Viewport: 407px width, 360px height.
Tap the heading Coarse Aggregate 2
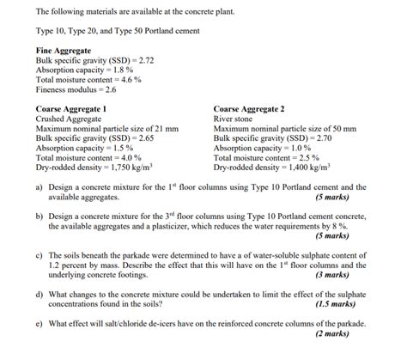pos(249,109)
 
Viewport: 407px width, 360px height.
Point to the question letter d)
pos(39,294)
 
